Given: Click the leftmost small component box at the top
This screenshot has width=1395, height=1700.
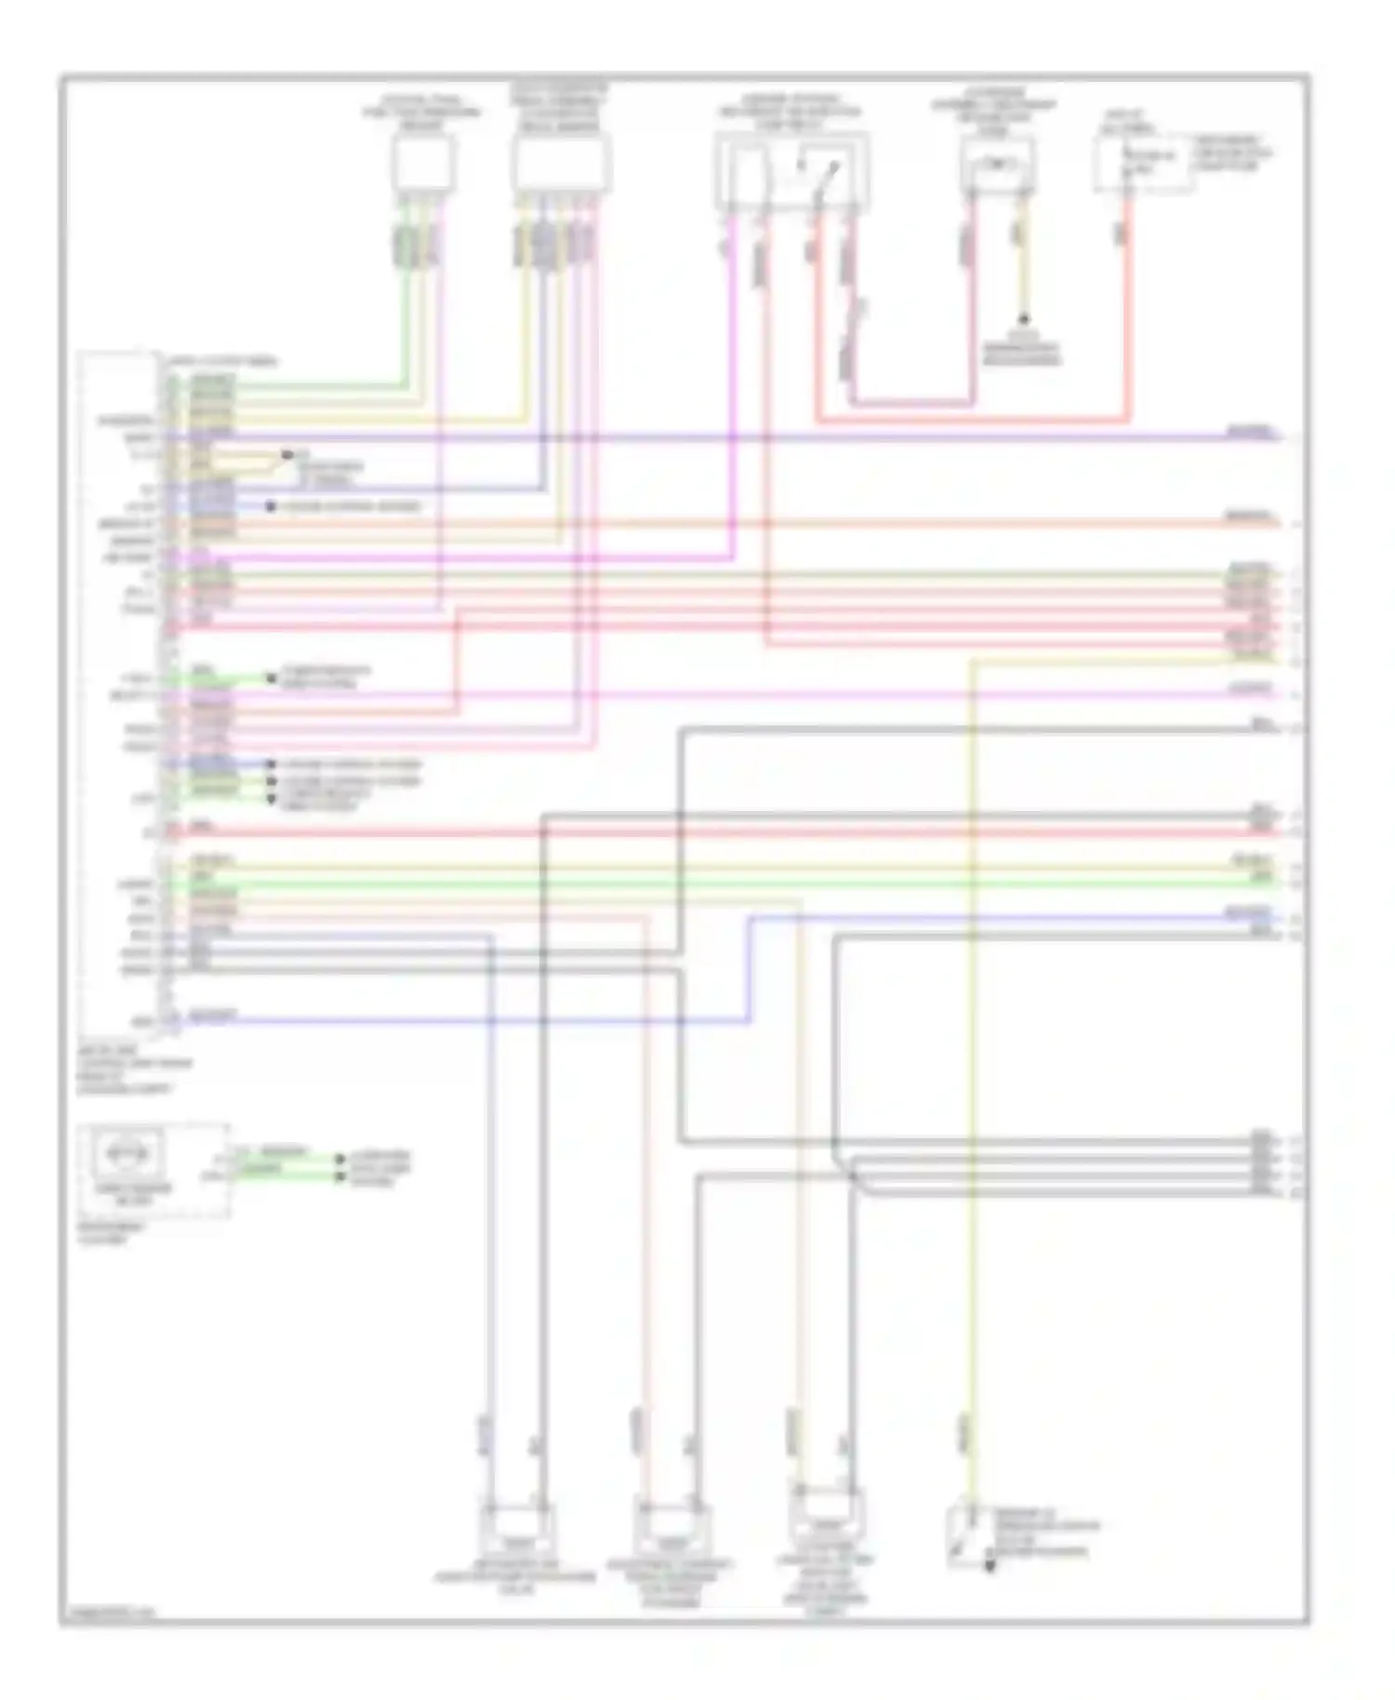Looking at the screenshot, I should [422, 165].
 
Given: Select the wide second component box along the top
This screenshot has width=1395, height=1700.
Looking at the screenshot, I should [561, 165].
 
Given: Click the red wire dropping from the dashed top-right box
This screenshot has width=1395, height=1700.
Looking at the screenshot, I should [1127, 307].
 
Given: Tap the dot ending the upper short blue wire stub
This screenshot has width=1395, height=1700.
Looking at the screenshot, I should [271, 507].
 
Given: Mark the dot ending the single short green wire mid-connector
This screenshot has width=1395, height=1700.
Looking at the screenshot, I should [271, 678].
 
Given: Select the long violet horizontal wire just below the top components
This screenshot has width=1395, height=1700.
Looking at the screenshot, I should [744, 436].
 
